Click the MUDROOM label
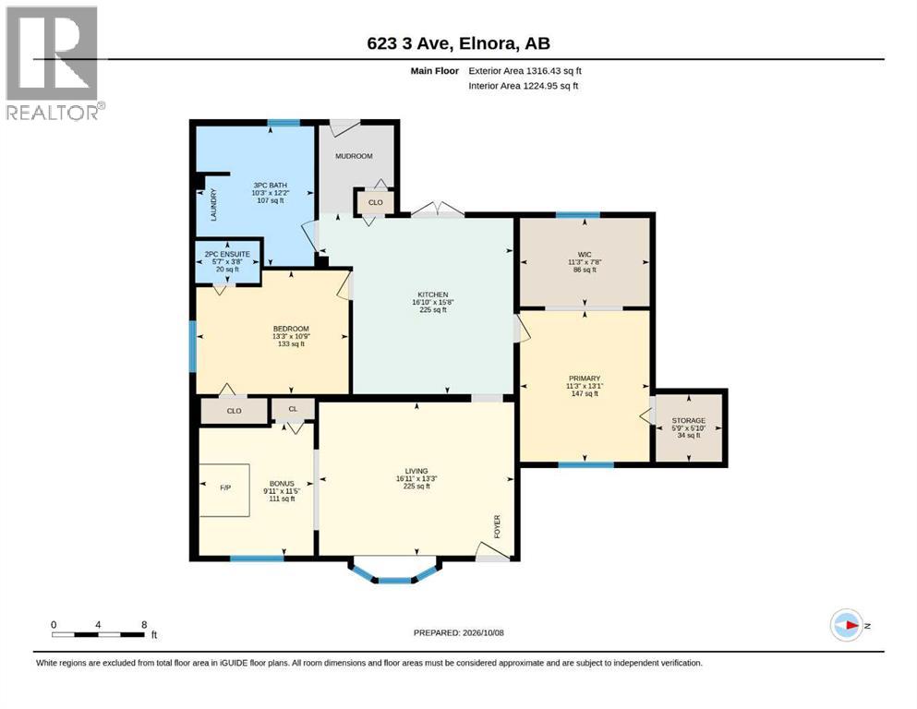[354, 156]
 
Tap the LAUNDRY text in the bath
[213, 204]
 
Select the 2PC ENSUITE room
[227, 262]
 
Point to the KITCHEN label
[433, 294]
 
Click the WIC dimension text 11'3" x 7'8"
[585, 262]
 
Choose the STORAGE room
[688, 427]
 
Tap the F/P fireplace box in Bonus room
[225, 490]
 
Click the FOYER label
[497, 526]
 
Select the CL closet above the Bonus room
[293, 409]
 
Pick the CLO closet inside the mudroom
[376, 202]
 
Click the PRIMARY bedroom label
[585, 379]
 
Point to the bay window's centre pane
[394, 581]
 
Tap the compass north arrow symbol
[847, 625]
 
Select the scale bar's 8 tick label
[144, 625]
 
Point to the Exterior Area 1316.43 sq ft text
[525, 71]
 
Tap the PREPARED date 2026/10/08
[482, 632]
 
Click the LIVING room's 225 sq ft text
[416, 486]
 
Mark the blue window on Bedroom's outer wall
[192, 346]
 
